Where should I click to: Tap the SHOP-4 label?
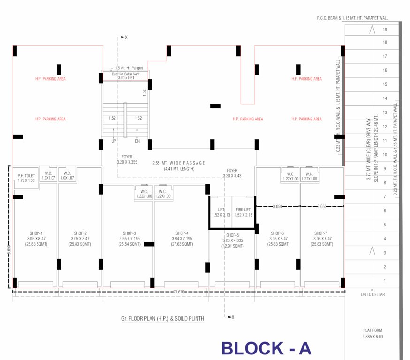tap(182, 233)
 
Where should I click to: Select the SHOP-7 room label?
tap(321, 233)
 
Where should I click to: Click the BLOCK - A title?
tap(266, 348)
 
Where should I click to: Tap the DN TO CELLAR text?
tap(372, 294)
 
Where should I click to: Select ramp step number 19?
tap(385, 30)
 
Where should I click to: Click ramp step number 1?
tap(385, 281)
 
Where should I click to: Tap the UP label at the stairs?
tap(114, 141)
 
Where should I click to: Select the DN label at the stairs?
tap(137, 141)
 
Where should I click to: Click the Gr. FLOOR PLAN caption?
tap(163, 319)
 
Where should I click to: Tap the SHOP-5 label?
tap(232, 235)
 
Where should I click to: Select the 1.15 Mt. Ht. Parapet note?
tap(127, 68)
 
